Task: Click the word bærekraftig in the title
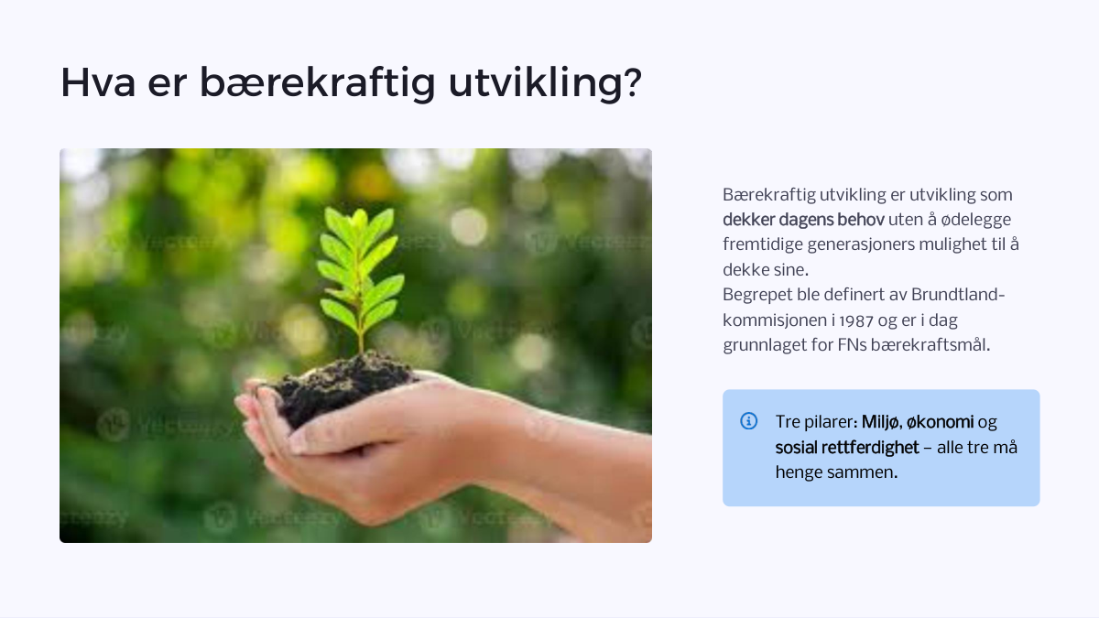[x=318, y=83]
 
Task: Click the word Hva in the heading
[x=98, y=82]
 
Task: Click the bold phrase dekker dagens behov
[x=803, y=220]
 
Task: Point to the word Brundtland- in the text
[x=958, y=295]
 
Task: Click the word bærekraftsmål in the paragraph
[x=930, y=345]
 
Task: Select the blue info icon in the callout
[x=749, y=421]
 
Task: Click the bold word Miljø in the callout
[x=882, y=422]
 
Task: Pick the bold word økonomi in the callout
[x=940, y=422]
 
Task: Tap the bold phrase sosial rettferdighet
[x=847, y=448]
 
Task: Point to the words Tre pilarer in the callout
[x=814, y=422]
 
